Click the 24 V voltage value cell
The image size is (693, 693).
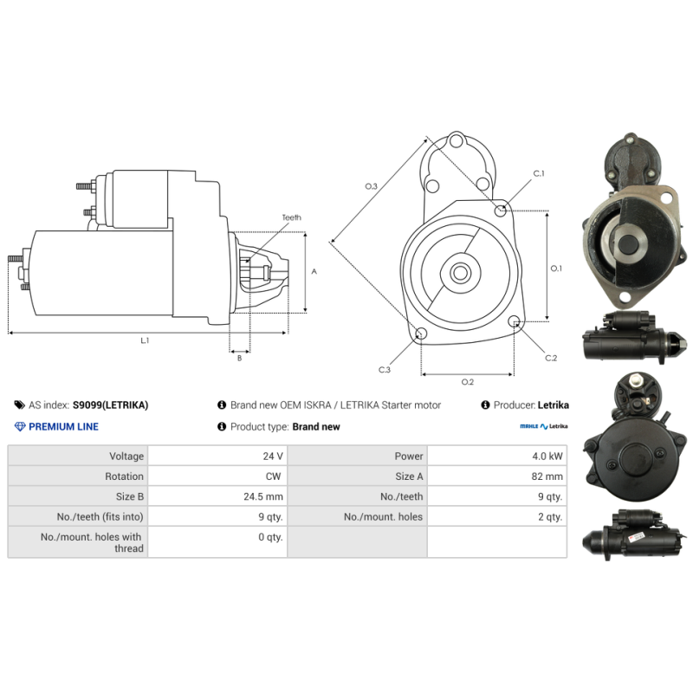pos(272,457)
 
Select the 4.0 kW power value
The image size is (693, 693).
pos(547,457)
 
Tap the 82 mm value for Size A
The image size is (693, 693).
pos(547,476)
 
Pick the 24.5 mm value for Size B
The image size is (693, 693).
pos(263,496)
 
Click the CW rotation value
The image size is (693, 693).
pos(273,476)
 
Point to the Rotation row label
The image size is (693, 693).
pos(124,476)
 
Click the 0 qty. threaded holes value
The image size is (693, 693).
pos(270,537)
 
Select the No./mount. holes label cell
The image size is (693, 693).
pos(383,516)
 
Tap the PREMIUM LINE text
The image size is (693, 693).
pos(63,427)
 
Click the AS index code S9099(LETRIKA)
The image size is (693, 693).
pos(111,405)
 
